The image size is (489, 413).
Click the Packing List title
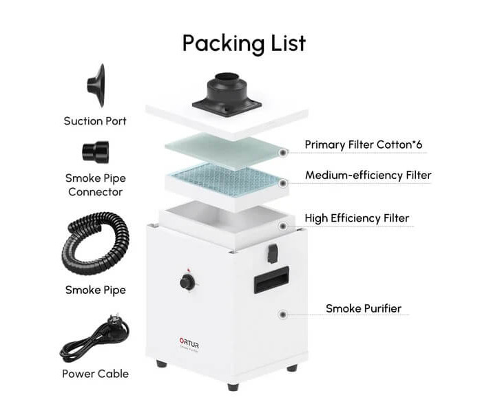coord(244,43)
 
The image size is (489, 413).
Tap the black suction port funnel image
coord(96,86)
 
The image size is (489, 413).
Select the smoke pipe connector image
coord(96,152)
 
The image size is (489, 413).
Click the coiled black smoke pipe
coord(95,243)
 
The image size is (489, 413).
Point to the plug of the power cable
coord(114,320)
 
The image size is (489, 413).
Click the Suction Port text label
coord(95,121)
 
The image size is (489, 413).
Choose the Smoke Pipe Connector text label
coord(96,185)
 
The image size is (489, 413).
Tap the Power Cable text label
coord(96,373)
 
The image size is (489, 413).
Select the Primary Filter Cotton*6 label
coord(364,145)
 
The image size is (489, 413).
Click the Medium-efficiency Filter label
coord(368,175)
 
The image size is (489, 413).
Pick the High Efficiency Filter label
coord(357,218)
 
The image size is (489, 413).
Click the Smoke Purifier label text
coord(364,308)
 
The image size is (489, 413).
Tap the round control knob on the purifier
coord(187,282)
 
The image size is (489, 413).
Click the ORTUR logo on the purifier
coord(189,343)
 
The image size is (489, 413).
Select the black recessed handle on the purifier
coord(271,279)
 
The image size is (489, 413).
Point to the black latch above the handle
coord(273,253)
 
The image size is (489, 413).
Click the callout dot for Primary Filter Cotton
coord(283,153)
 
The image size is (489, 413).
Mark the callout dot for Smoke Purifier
coord(283,315)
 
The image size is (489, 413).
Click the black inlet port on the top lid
coord(227,94)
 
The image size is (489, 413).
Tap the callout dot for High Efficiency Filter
coord(283,226)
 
